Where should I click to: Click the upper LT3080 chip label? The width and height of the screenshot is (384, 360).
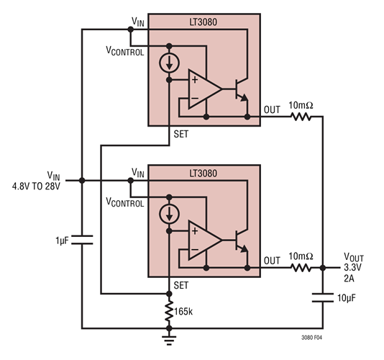click(x=204, y=22)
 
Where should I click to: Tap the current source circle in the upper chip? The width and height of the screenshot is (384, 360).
click(x=170, y=61)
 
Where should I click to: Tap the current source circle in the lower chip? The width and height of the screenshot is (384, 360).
click(x=170, y=213)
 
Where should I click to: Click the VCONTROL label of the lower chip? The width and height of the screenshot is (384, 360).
click(x=124, y=203)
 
